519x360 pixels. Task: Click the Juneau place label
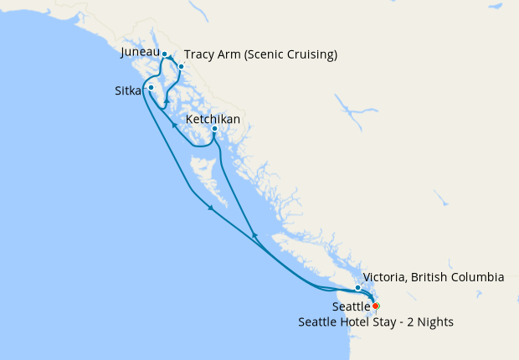[x=140, y=53]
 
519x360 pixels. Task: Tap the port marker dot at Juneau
[x=165, y=54]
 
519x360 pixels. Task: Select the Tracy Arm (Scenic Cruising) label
[x=260, y=55]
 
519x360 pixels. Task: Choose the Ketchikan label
[x=213, y=120]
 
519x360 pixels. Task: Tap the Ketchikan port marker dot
[x=215, y=129]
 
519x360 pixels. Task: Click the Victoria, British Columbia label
[x=434, y=277]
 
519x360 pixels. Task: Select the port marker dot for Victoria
[x=357, y=288]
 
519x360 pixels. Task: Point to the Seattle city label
[x=351, y=307]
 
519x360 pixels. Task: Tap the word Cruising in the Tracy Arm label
[x=306, y=55]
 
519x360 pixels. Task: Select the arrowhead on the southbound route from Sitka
[x=210, y=208]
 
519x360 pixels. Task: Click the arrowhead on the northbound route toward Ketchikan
[x=254, y=235]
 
